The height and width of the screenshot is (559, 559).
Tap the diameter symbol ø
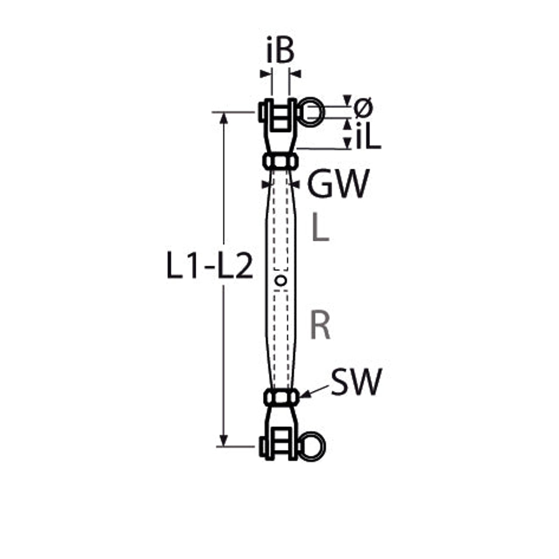coord(363,107)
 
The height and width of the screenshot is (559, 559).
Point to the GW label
coord(338,183)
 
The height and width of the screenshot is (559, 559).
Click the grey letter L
coord(320,227)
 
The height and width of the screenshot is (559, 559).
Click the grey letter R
coord(320,325)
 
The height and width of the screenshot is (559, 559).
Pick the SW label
coord(356,382)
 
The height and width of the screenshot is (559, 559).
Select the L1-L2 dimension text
coord(210,266)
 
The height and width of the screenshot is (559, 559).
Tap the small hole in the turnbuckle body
coord(281,281)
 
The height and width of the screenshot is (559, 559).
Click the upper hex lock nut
coord(280,161)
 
